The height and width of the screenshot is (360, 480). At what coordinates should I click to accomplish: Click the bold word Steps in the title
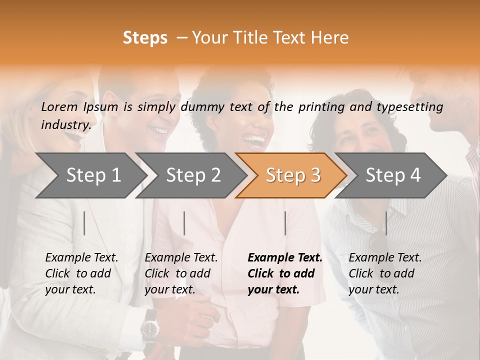click(145, 38)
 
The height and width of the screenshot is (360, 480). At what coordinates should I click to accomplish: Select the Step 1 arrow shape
click(90, 175)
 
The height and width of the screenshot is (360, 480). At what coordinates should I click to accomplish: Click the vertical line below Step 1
click(84, 223)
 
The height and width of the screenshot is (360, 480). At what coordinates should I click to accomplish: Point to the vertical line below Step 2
click(184, 223)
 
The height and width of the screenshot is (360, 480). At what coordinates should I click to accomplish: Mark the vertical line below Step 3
click(285, 223)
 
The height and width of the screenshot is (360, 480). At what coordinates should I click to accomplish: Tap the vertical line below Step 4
click(386, 223)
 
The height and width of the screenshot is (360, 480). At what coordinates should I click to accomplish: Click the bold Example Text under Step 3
click(285, 258)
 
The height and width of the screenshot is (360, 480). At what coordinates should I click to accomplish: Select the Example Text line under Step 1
click(81, 258)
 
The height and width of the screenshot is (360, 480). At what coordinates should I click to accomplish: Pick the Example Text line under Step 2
click(181, 258)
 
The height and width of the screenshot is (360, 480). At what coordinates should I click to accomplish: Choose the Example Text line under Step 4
click(385, 258)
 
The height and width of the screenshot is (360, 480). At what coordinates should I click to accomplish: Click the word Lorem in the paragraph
click(59, 106)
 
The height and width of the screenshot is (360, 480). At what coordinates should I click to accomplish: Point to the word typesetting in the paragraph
click(409, 106)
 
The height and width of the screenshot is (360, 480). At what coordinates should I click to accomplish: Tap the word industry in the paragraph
click(65, 124)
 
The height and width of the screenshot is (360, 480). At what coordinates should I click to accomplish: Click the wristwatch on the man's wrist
click(149, 329)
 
